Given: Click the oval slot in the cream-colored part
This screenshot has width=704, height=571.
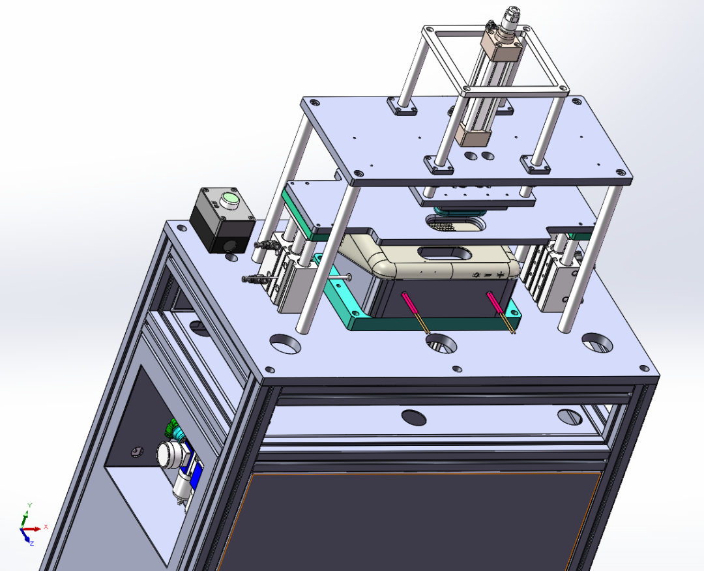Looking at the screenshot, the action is coord(445,253).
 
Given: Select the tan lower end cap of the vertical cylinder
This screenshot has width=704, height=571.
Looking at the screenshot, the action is coord(473,134).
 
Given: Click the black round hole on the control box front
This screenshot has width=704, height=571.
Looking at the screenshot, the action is coord(230,246).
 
